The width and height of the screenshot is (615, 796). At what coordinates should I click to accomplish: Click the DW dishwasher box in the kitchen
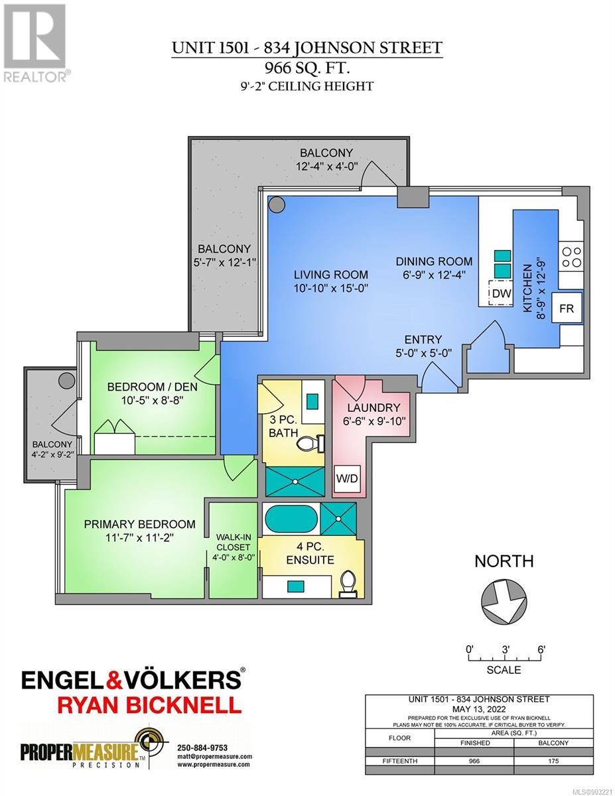501,293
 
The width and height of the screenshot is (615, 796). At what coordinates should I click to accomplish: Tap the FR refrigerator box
567,308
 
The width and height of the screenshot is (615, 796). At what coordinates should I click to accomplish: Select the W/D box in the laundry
348,478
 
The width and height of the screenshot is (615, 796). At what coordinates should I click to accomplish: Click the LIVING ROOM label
331,275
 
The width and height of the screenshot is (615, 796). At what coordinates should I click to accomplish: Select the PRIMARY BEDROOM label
139,524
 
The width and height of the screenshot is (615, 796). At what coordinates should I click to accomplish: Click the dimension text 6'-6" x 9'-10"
374,421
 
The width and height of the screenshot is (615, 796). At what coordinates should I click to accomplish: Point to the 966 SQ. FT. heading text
307,68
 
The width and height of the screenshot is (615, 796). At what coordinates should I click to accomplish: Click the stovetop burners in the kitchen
571,257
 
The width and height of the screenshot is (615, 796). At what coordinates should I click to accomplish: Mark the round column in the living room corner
276,204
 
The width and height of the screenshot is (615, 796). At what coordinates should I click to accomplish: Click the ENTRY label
423,339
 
